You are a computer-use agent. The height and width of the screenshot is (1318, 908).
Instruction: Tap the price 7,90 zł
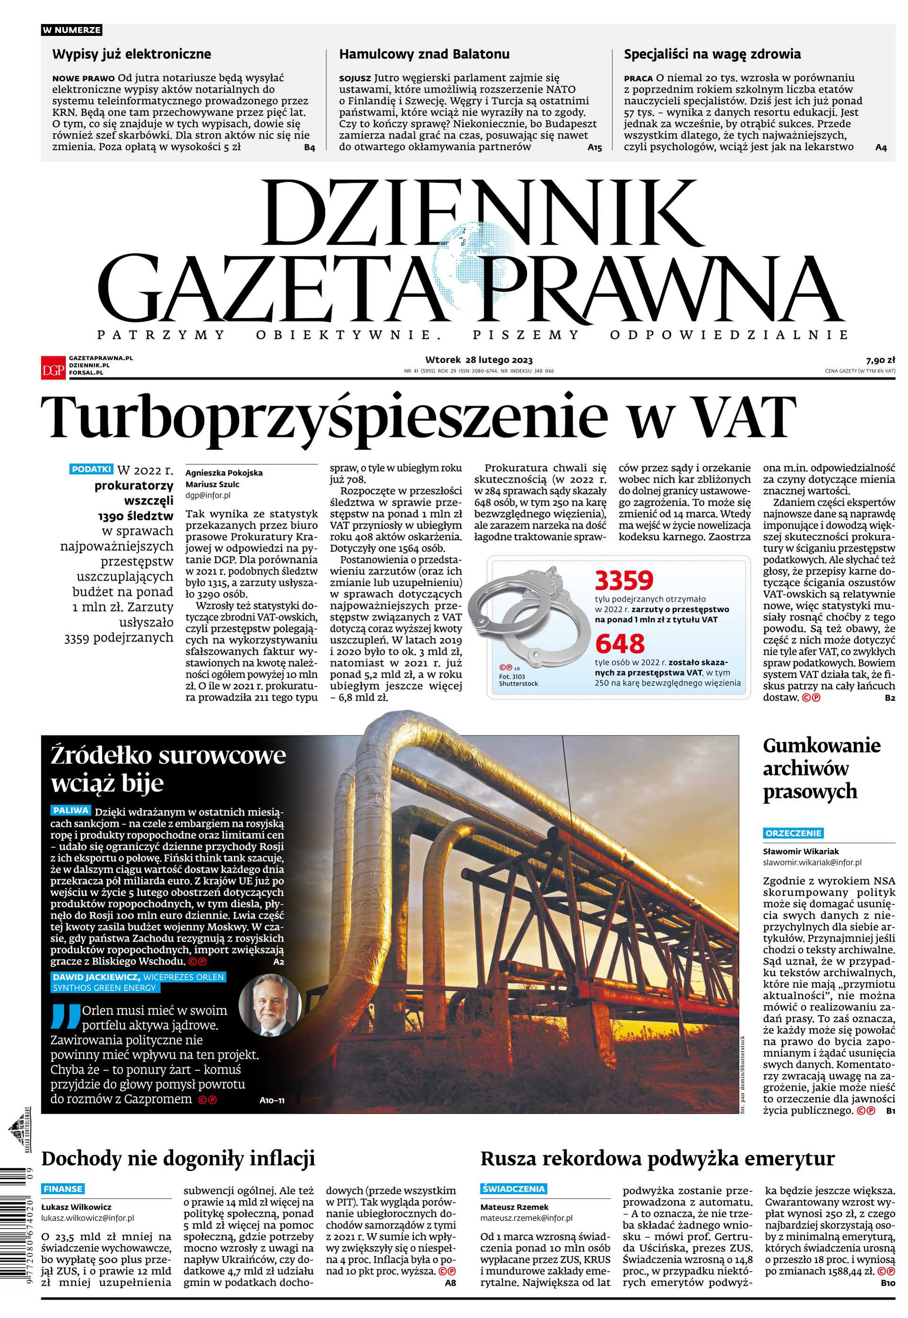[x=880, y=360]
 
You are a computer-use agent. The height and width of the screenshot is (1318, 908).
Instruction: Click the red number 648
[x=620, y=644]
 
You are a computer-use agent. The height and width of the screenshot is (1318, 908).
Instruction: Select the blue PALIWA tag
[x=70, y=810]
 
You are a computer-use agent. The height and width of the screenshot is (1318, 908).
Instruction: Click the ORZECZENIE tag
[x=793, y=833]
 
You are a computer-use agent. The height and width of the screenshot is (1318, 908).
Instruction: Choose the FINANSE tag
[x=63, y=1188]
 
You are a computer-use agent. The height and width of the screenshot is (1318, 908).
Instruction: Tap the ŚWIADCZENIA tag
[x=513, y=1188]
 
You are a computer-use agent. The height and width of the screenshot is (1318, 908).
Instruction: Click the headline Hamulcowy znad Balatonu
[x=424, y=54]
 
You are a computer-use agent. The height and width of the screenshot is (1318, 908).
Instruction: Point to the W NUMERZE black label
[x=72, y=30]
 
